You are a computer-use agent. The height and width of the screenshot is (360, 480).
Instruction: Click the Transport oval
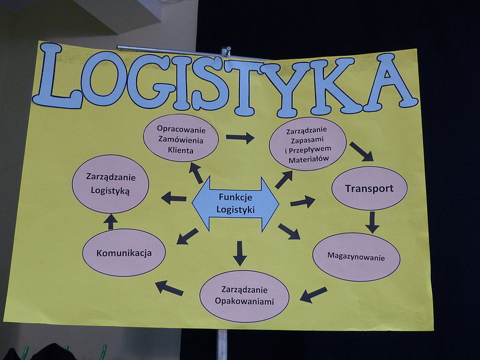(x=370, y=188)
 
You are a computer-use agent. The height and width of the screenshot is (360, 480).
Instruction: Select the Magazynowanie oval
(x=356, y=257)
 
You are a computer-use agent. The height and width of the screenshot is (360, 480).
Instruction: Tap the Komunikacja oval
(x=124, y=253)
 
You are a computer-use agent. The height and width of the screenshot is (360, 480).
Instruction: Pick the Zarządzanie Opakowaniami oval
(x=244, y=296)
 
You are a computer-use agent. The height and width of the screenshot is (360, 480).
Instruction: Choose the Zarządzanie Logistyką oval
(x=110, y=184)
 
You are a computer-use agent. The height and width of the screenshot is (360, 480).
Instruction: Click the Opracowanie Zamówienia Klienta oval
(x=181, y=138)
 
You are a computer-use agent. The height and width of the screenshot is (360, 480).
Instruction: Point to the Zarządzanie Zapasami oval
(x=308, y=143)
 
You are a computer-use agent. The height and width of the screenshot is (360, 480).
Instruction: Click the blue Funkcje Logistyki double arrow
(x=235, y=203)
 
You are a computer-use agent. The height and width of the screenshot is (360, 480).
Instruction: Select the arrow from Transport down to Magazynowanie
(x=372, y=222)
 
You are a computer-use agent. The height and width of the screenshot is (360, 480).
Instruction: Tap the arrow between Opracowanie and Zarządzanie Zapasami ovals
(x=240, y=138)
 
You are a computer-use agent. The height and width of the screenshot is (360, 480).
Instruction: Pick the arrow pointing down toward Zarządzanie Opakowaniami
(x=239, y=253)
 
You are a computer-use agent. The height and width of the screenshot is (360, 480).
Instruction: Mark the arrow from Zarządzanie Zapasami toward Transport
(x=362, y=152)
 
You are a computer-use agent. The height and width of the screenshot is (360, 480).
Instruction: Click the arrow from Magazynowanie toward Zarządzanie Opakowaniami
(x=313, y=295)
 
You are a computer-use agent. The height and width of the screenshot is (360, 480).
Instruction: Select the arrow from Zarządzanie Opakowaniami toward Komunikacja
(x=169, y=288)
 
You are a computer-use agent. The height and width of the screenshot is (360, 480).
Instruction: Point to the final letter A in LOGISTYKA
(x=390, y=82)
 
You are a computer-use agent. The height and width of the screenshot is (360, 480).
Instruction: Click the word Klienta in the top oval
(x=181, y=151)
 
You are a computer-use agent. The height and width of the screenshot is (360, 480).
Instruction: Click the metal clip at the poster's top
(x=226, y=52)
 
